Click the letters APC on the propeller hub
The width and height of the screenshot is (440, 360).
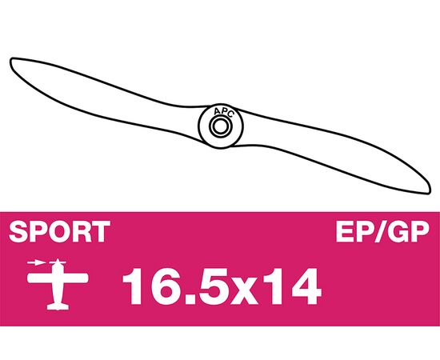223,112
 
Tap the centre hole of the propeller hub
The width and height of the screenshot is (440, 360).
220,126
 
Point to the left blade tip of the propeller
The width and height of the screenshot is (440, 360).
11,60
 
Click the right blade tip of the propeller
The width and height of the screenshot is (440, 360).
429,190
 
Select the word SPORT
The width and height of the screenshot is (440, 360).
59,231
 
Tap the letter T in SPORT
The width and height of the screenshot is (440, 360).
100,231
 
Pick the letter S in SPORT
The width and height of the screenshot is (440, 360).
18,231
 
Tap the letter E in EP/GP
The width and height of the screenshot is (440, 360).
345,231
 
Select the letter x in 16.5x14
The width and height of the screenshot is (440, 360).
244,291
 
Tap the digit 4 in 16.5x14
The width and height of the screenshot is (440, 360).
305,286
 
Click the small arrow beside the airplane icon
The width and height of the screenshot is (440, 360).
36,263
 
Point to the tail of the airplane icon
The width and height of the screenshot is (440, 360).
58,306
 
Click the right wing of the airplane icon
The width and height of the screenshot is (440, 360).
77,278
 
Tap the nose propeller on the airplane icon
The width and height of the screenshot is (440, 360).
58,262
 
